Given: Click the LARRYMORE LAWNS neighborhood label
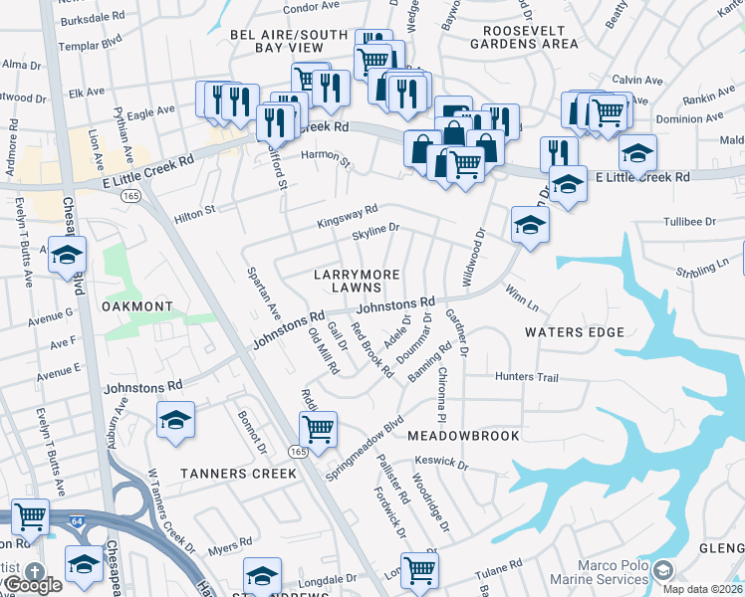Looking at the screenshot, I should (357, 281).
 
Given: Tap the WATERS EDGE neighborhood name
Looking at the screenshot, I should (575, 332).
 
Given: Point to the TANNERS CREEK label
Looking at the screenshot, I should (239, 474).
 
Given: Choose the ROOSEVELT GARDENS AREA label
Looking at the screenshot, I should (524, 37).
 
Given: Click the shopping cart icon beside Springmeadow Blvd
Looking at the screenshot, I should (318, 430).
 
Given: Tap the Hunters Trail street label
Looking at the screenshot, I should (527, 377).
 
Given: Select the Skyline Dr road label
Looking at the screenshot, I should (375, 230).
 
